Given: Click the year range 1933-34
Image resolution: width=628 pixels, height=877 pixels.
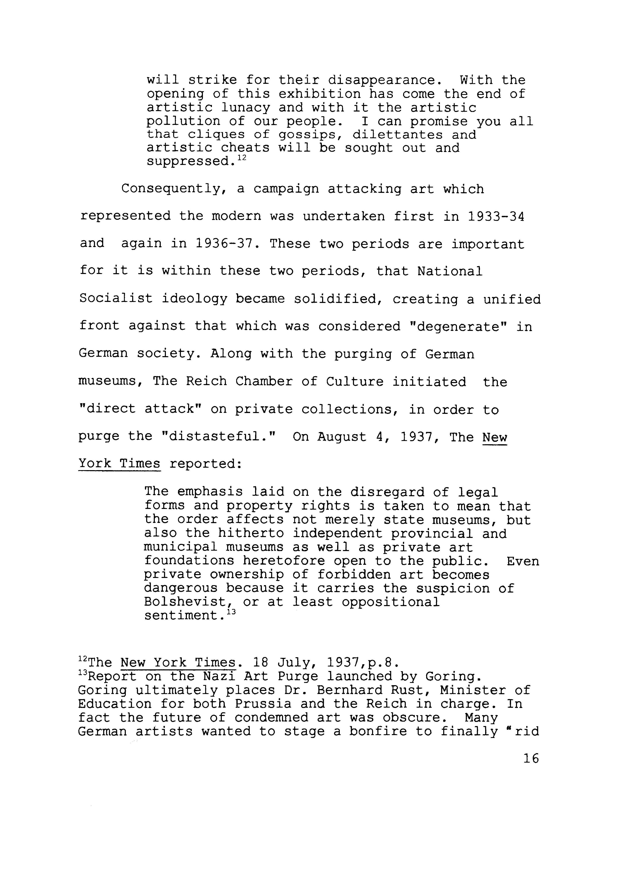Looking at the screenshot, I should coord(496,216).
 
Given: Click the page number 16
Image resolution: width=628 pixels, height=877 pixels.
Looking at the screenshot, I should coord(531,758).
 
